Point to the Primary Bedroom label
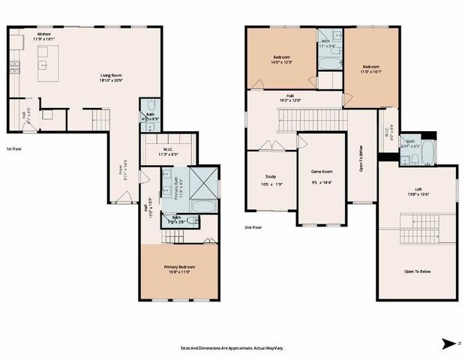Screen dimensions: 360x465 tap(179, 268)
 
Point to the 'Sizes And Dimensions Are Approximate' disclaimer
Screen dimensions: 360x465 tap(233, 347)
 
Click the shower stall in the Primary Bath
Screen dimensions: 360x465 tap(204, 178)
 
